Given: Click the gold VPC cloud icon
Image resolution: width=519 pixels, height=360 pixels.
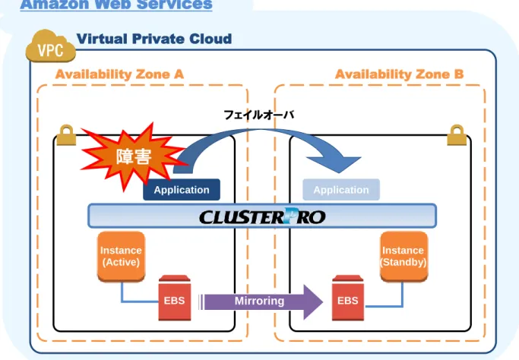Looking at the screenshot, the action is (x=51, y=46).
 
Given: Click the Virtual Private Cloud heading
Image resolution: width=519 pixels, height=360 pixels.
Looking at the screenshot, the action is (x=154, y=39).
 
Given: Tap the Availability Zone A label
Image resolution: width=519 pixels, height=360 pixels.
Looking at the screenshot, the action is (x=119, y=74).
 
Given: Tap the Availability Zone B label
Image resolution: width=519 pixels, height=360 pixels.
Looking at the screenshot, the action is (x=399, y=74).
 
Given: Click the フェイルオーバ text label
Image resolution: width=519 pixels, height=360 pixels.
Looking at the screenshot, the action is (x=259, y=115).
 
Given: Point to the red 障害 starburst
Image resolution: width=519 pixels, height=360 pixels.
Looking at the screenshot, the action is (x=134, y=156).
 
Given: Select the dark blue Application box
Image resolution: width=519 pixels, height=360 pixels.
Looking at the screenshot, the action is (x=182, y=190).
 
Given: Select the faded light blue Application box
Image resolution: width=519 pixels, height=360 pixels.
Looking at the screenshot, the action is (x=341, y=190).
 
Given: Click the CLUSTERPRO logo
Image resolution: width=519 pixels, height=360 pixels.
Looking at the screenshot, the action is (x=262, y=216).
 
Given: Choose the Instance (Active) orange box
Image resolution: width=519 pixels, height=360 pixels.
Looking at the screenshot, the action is (x=121, y=257).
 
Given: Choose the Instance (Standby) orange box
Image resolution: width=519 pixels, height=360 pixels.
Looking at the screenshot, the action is (x=403, y=257).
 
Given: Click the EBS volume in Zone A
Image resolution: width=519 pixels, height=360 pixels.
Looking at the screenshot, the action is (x=175, y=298).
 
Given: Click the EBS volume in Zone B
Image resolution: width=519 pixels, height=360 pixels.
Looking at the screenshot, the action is (x=348, y=298).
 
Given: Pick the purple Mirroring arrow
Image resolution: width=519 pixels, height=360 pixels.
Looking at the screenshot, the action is (x=261, y=302).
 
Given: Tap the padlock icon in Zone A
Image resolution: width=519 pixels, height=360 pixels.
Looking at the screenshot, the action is (x=66, y=135).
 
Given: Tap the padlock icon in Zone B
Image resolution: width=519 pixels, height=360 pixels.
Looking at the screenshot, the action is (x=457, y=135).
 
